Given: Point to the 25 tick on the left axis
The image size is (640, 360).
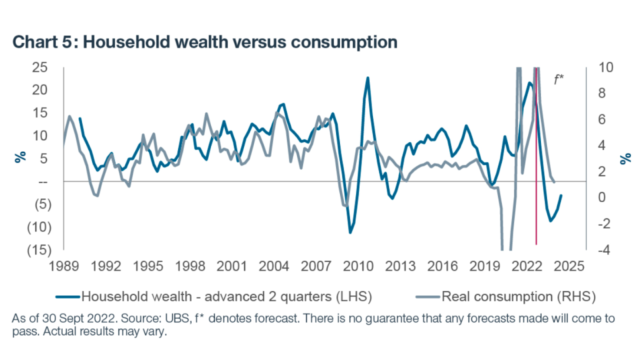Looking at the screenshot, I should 39,67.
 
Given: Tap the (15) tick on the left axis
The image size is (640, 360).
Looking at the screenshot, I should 36,249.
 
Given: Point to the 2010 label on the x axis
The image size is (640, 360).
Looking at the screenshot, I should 358,265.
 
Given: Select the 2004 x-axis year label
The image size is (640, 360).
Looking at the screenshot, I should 274,265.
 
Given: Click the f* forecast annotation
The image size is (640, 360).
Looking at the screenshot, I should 559,79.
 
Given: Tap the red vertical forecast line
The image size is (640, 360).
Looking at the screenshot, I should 536,200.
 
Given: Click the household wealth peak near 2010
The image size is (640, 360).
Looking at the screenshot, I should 367,78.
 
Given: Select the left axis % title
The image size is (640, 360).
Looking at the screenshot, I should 19,158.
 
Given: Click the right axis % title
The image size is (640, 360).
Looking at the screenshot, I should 624,158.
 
